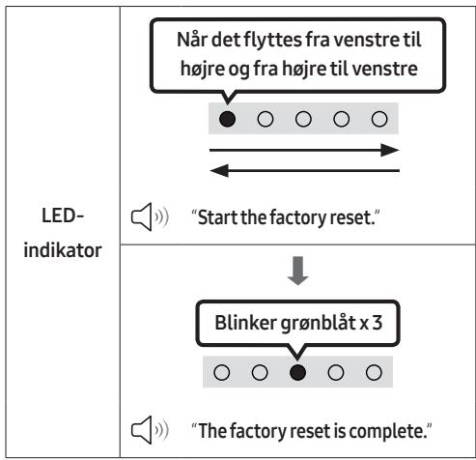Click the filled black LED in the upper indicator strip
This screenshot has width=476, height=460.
click(x=227, y=119)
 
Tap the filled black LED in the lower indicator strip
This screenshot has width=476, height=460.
click(x=297, y=372)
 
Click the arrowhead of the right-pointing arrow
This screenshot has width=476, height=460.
click(x=390, y=150)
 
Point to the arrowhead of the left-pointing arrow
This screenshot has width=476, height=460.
click(x=219, y=170)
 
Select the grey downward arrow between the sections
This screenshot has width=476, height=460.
click(x=298, y=271)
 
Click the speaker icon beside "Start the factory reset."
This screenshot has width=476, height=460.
click(x=150, y=216)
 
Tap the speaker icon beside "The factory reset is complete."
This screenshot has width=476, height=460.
click(x=150, y=430)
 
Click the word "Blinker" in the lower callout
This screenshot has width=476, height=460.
click(x=246, y=323)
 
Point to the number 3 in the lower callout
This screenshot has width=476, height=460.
click(x=378, y=323)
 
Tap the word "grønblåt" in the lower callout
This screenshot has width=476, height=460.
click(x=318, y=323)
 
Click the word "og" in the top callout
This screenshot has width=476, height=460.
click(x=238, y=70)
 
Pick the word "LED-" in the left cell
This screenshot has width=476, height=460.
click(x=63, y=216)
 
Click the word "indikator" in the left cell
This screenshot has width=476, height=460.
click(x=63, y=250)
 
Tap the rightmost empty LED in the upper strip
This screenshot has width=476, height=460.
click(x=379, y=119)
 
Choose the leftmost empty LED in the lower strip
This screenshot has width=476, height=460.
click(x=222, y=372)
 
